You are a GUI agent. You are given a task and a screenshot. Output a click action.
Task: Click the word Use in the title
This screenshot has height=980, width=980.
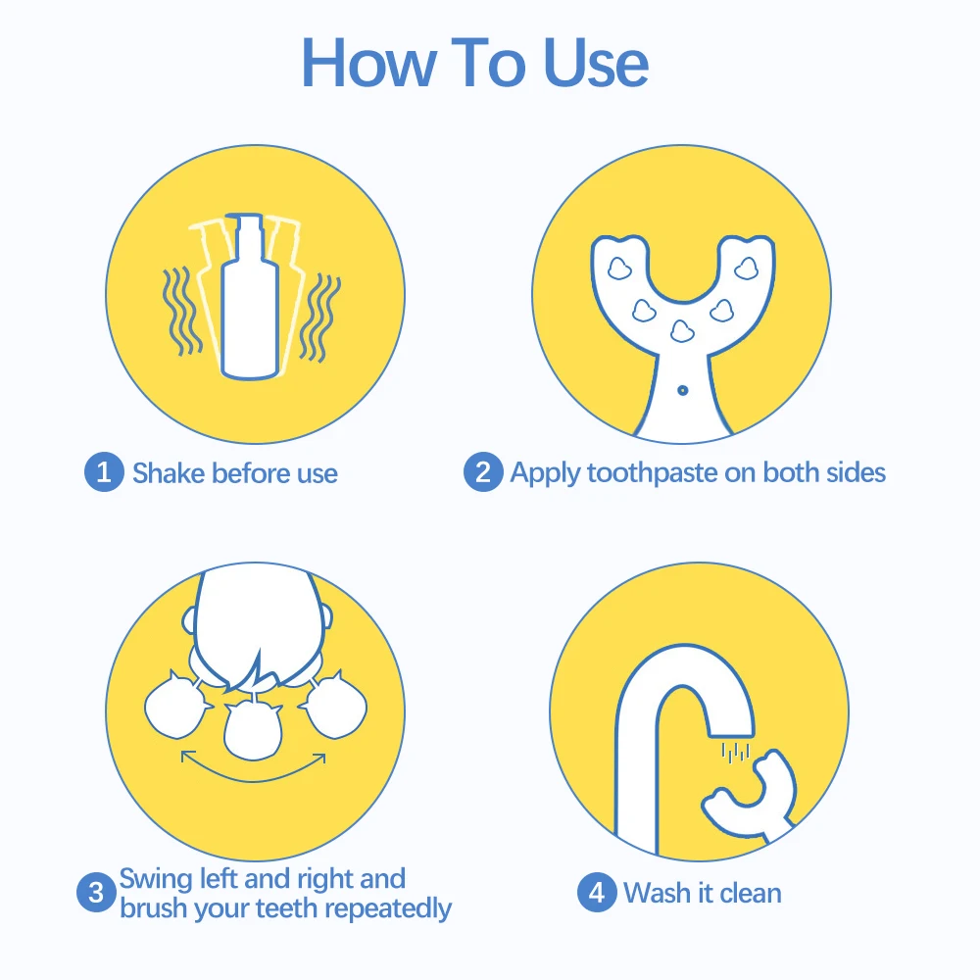[597, 63]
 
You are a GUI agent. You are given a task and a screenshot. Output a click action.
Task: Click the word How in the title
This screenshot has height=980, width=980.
[368, 63]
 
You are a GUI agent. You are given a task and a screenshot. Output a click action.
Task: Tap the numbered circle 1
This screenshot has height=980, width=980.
[104, 472]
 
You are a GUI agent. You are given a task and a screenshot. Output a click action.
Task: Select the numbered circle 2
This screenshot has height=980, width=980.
[483, 472]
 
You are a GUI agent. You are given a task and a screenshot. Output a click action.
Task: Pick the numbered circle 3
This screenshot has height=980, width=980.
[96, 892]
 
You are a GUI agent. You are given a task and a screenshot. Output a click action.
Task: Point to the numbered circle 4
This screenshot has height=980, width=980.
[597, 892]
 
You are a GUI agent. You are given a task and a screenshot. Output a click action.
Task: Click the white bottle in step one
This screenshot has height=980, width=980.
[250, 297]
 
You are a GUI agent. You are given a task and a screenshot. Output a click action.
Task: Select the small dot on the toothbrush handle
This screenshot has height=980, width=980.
[682, 391]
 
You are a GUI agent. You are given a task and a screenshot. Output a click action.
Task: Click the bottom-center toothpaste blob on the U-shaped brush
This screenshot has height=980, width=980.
[682, 330]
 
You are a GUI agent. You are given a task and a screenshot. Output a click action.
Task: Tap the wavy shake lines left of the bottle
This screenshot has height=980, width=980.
[181, 311]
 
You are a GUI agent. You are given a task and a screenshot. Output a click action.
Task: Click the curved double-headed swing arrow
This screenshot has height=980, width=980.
[253, 781]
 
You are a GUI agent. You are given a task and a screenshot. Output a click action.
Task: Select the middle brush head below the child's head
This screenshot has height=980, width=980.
[253, 731]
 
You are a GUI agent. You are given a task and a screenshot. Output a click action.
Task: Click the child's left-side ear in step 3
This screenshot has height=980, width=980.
[189, 620]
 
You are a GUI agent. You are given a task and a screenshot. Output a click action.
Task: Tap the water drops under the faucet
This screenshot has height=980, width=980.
[735, 753]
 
